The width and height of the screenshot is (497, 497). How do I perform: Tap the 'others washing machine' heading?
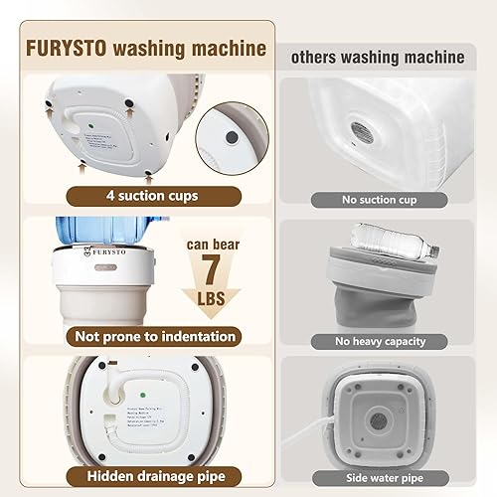[x=377, y=58]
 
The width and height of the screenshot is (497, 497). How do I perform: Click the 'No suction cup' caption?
[x=379, y=200]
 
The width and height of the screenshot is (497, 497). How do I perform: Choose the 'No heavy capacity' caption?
[x=379, y=341]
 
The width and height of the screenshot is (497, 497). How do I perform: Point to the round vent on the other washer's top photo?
[x=359, y=129]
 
